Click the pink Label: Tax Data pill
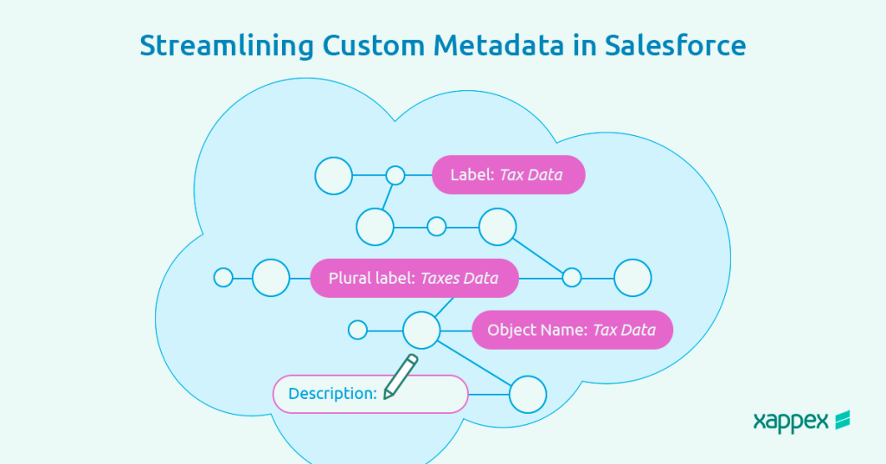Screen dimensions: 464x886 pyautogui.click(x=509, y=175)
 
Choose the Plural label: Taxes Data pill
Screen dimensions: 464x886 pyautogui.click(x=414, y=278)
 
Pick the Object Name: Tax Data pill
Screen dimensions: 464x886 pyautogui.click(x=572, y=330)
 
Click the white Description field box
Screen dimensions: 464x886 pyautogui.click(x=369, y=394)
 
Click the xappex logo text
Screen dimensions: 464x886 pyautogui.click(x=791, y=422)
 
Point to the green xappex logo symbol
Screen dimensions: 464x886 pyautogui.click(x=841, y=420)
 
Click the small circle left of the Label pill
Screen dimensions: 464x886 pyautogui.click(x=395, y=175)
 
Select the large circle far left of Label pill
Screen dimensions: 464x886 pyautogui.click(x=333, y=176)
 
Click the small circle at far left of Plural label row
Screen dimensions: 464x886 pyautogui.click(x=223, y=278)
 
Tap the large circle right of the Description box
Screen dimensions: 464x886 pyautogui.click(x=528, y=395)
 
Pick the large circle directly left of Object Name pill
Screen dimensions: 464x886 pyautogui.click(x=422, y=330)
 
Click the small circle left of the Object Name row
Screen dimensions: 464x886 pyautogui.click(x=357, y=330)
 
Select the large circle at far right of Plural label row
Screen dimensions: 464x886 pyautogui.click(x=632, y=278)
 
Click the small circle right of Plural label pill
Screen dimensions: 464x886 pyautogui.click(x=572, y=278)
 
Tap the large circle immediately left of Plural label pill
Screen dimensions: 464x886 pyautogui.click(x=271, y=278)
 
